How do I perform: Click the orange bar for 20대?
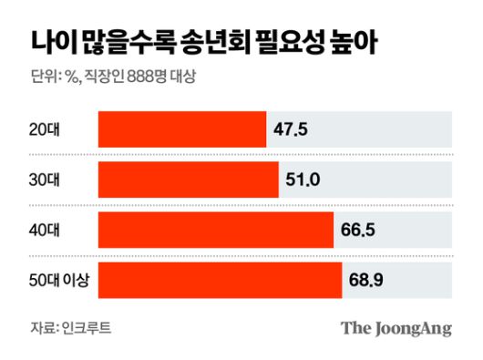181,130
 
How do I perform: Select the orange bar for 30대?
188,180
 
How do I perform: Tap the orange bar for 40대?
215,230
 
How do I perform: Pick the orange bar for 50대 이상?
220,280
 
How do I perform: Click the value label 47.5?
291,130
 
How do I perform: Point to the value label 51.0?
303,180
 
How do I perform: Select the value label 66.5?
358,230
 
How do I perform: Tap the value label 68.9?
366,280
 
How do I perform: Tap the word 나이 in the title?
50,40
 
